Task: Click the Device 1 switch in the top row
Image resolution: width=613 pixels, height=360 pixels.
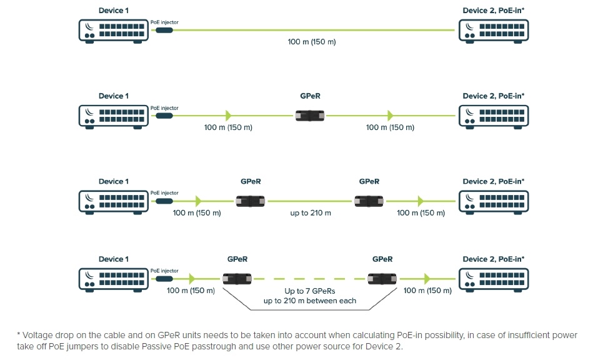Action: pos(113,29)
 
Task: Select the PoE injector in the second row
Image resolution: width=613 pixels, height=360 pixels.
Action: pos(164,116)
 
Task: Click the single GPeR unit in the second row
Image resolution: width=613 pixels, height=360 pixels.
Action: pos(311,116)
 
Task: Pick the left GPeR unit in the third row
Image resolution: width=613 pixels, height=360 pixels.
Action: pos(251,201)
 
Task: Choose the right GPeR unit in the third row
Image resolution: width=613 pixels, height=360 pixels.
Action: pos(369,201)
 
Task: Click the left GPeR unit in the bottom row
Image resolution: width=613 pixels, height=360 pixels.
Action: pos(237,279)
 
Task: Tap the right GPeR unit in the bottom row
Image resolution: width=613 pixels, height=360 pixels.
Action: pos(382,279)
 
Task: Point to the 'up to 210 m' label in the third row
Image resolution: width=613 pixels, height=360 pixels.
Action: pos(311,213)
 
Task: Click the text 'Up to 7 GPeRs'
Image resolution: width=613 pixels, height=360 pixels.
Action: pos(310,291)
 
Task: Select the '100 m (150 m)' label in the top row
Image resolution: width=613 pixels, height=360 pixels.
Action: pos(312,42)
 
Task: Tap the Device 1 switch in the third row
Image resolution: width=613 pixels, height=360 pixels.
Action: pos(113,201)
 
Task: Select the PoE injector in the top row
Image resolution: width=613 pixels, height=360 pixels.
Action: pos(164,29)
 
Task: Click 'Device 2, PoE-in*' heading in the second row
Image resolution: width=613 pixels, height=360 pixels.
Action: pos(493,96)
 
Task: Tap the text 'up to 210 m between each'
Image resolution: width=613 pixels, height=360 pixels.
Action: pos(310,301)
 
